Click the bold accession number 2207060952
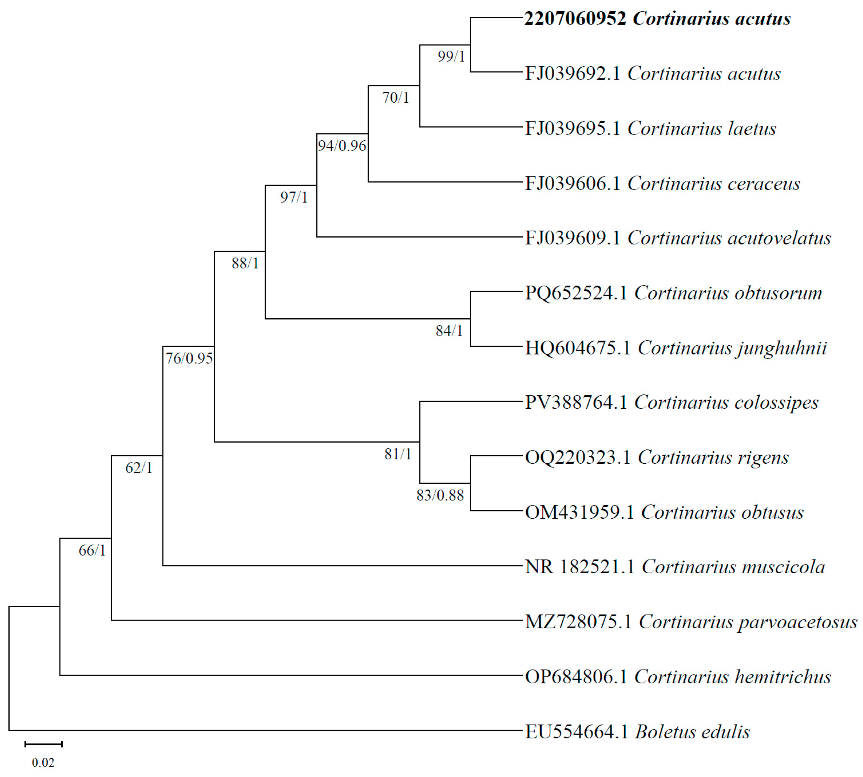[575, 19]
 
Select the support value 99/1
[451, 56]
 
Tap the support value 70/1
[396, 98]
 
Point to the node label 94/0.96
[341, 146]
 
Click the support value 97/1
[294, 197]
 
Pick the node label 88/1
[245, 263]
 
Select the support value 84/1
[449, 331]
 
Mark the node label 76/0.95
[189, 358]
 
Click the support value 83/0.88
[440, 495]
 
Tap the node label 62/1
[138, 468]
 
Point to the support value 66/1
[92, 551]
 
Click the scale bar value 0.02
[43, 762]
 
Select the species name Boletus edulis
[692, 732]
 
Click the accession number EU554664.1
[576, 732]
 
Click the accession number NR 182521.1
[579, 567]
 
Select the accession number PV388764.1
[576, 403]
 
